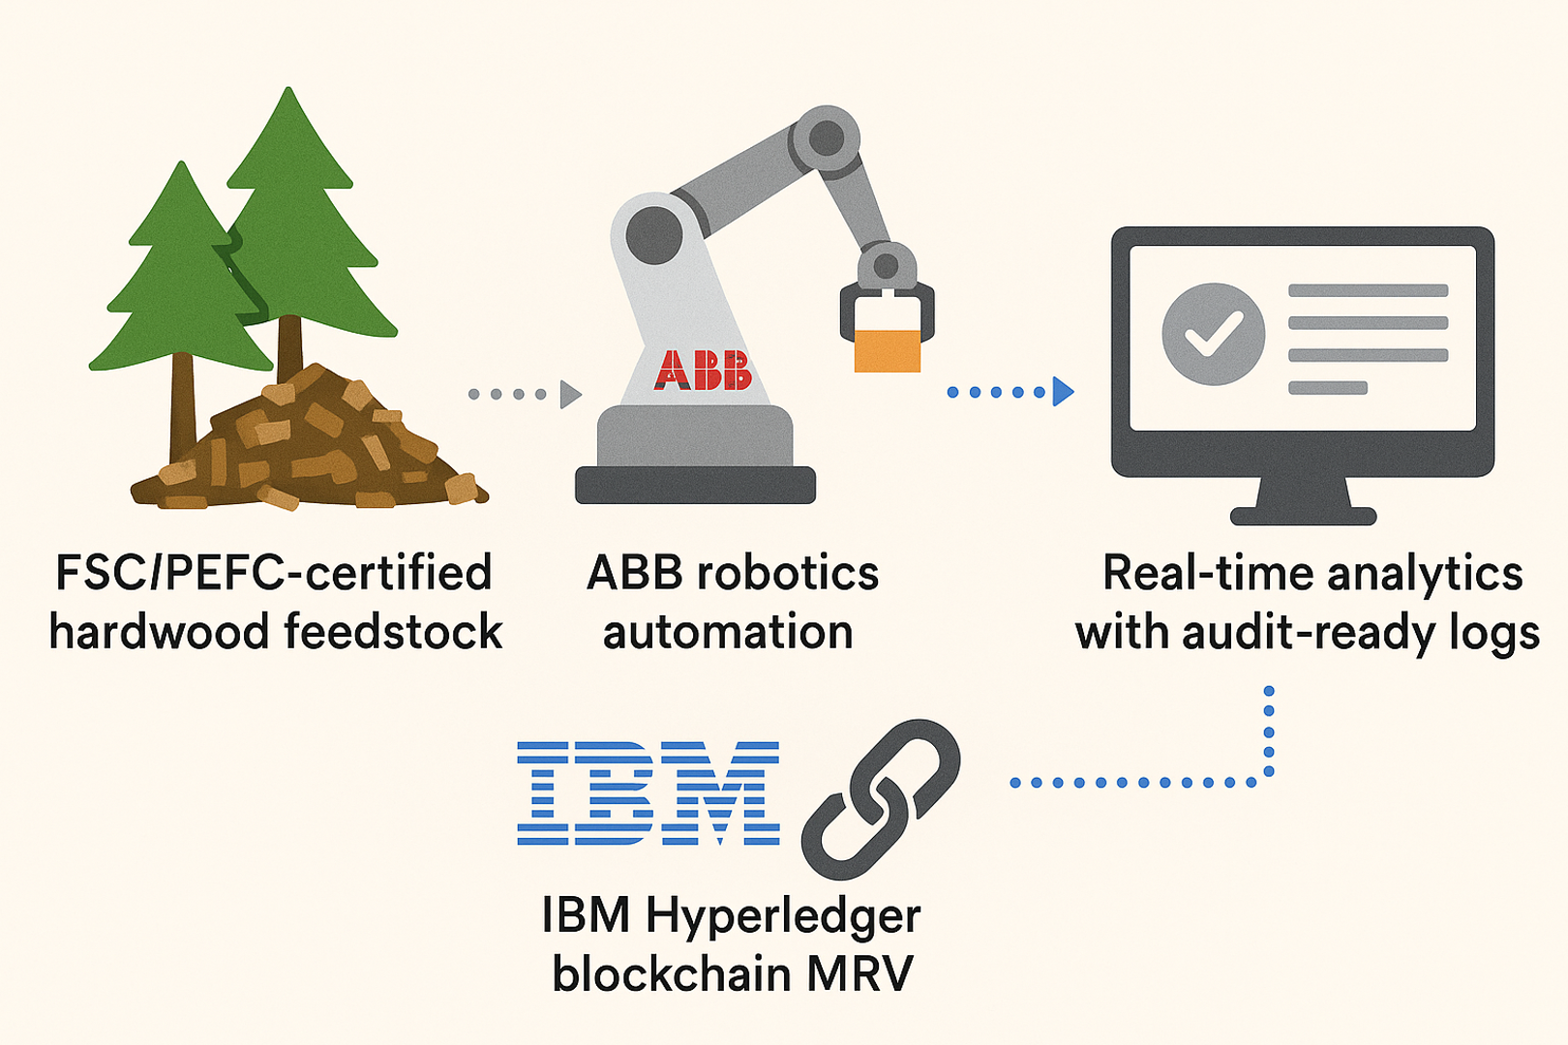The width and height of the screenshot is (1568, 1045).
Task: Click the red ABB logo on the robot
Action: click(703, 371)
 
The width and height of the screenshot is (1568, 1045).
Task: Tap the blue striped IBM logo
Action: click(648, 793)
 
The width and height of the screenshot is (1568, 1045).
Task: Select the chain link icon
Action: click(880, 798)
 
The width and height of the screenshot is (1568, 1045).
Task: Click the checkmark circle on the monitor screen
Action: click(1213, 334)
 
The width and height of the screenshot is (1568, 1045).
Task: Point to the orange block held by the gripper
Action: click(887, 349)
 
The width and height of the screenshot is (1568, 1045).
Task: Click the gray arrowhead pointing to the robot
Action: click(570, 394)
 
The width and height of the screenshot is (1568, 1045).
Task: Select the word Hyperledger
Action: click(782, 915)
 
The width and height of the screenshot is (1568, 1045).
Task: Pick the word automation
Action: click(728, 632)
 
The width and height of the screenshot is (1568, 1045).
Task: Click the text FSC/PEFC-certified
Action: click(274, 573)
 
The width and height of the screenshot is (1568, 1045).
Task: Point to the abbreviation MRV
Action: click(859, 973)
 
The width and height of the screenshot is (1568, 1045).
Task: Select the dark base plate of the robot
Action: click(695, 485)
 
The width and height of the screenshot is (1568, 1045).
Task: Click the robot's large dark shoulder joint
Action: click(654, 235)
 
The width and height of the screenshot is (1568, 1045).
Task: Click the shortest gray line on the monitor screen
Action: click(1327, 388)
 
